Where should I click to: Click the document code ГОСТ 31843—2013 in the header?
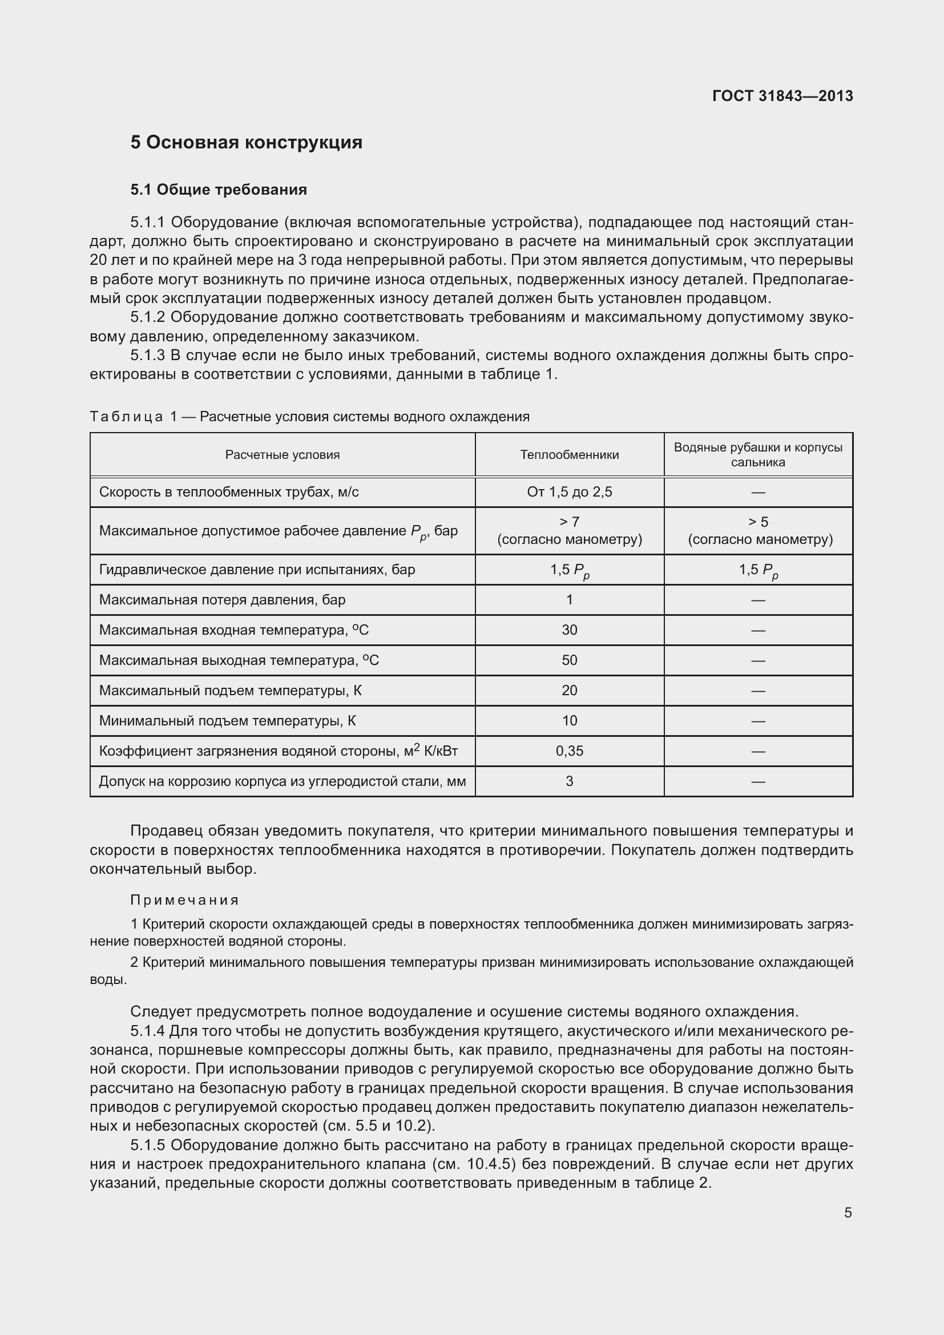(782, 96)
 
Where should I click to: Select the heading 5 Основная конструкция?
(246, 143)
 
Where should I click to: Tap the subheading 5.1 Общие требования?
(219, 189)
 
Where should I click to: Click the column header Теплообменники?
(569, 455)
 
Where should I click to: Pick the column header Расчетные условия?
(283, 455)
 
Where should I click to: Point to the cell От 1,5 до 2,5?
(569, 492)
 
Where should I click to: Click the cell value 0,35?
(569, 751)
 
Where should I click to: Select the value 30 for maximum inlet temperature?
(569, 630)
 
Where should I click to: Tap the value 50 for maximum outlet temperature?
(569, 660)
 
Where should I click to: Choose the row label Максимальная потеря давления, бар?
(222, 599)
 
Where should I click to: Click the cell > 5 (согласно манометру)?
(759, 530)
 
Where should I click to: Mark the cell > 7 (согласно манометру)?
(569, 530)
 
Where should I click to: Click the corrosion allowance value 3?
(569, 781)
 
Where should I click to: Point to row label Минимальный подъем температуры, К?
(227, 720)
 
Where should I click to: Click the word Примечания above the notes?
(184, 900)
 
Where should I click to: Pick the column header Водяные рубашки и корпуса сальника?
(758, 455)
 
